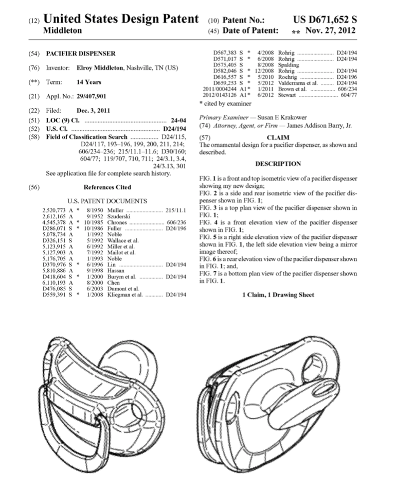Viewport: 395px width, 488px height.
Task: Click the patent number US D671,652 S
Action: click(325, 20)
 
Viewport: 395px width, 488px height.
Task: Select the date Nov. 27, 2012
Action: click(330, 31)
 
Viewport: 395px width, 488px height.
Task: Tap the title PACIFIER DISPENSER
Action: click(81, 54)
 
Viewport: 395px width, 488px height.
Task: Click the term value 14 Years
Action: click(89, 82)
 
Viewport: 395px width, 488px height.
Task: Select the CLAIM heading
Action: click(278, 137)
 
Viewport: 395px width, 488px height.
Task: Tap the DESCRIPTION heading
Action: click(278, 164)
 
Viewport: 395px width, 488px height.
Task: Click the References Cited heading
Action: click(107, 187)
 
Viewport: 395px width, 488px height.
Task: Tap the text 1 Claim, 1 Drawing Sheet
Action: click(278, 295)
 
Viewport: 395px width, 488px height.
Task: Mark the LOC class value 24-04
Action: click(178, 121)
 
